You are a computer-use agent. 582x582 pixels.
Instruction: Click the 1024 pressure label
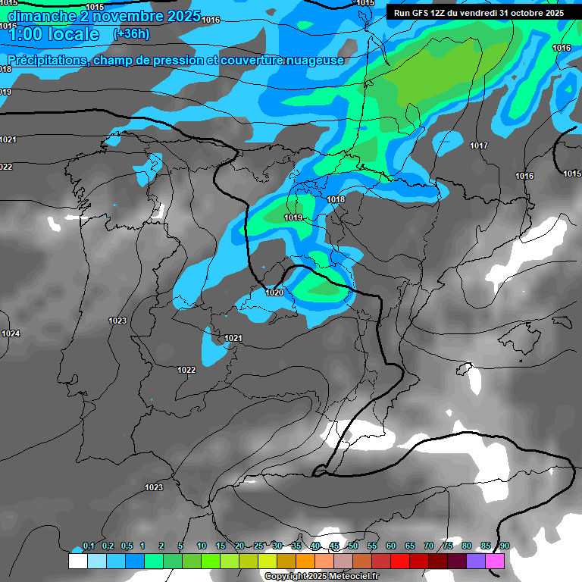click(x=11, y=334)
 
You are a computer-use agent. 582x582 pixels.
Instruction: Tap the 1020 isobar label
click(x=274, y=293)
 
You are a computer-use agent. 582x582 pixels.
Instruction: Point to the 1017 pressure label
click(x=478, y=145)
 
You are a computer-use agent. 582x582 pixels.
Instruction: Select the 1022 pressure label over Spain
click(x=186, y=370)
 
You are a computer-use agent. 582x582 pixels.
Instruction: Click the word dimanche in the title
click(x=42, y=16)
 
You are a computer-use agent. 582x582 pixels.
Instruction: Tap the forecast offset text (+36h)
click(x=130, y=34)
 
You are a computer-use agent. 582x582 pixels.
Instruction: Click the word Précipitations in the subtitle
click(x=46, y=61)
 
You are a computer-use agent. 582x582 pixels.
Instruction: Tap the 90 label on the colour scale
click(x=504, y=546)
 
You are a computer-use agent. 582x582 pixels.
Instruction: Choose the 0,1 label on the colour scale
click(x=89, y=546)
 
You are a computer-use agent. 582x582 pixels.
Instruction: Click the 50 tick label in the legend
click(x=353, y=546)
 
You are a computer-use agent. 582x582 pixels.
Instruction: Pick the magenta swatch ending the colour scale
click(x=495, y=562)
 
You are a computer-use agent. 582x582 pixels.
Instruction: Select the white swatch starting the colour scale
click(x=77, y=562)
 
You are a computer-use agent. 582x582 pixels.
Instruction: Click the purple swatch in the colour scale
click(x=476, y=562)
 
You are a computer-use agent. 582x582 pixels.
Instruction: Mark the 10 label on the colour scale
click(x=202, y=546)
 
